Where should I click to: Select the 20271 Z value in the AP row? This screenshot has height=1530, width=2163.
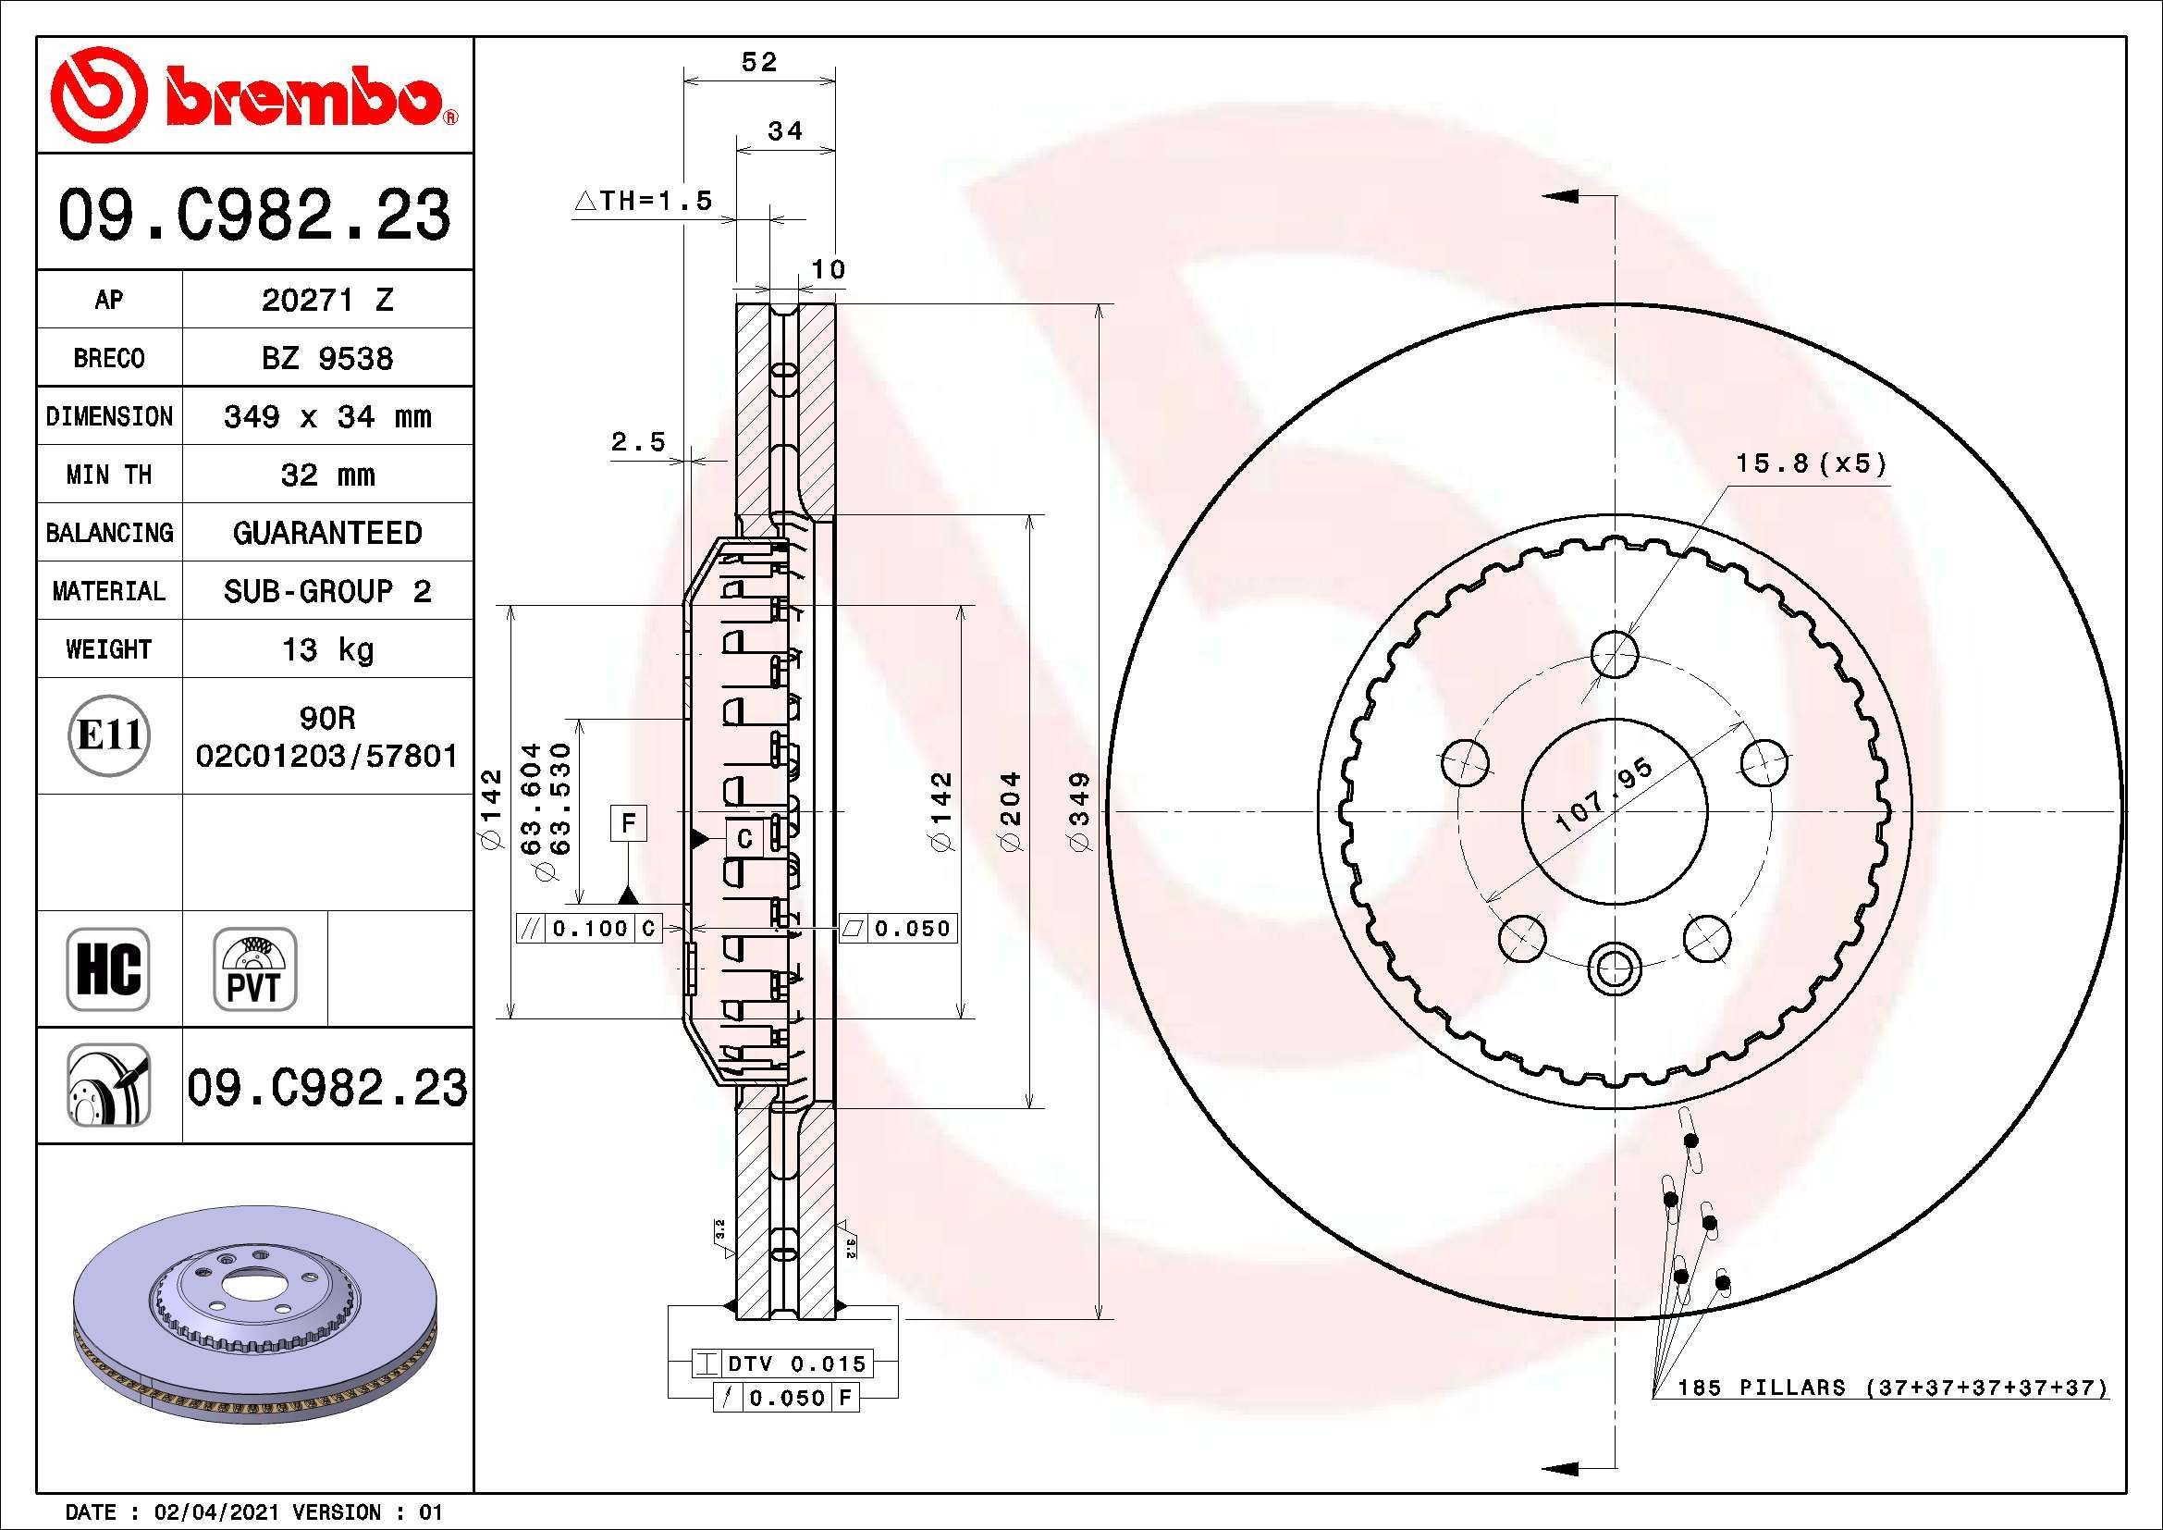point(326,300)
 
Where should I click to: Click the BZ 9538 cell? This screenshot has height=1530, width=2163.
point(326,358)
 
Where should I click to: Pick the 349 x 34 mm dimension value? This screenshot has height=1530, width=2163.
point(326,416)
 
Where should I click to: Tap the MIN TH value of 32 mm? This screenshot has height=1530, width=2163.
point(326,475)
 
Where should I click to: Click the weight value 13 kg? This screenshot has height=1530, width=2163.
point(326,649)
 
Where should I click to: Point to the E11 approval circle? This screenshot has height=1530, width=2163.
point(109,735)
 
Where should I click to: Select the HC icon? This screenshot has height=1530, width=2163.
point(107,969)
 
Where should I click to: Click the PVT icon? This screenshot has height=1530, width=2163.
point(254,969)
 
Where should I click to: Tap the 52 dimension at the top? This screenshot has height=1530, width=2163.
point(759,62)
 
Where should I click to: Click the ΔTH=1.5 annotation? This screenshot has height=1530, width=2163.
point(645,201)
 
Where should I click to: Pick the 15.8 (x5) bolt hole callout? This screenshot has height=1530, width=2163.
point(1811,463)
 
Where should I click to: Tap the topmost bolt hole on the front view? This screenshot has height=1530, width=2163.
point(1615,654)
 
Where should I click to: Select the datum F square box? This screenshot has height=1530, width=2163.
point(628,823)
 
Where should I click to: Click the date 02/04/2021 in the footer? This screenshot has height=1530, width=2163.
point(215,1512)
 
